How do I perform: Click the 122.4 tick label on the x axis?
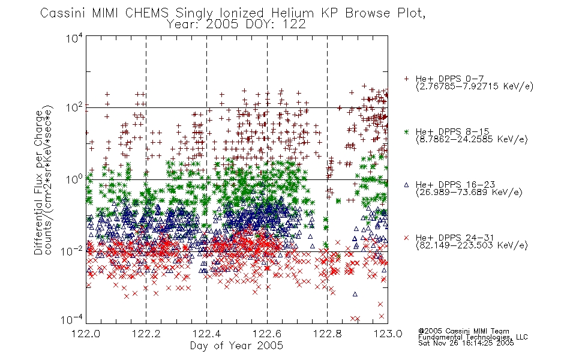(x=206, y=334)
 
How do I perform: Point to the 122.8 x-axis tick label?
(x=327, y=334)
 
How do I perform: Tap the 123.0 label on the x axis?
(x=388, y=334)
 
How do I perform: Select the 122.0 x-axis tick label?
(x=86, y=334)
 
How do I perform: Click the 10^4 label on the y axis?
(x=74, y=38)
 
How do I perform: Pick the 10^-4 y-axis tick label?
(x=71, y=319)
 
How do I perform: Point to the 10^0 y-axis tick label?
(x=74, y=179)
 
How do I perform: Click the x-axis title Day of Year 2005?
(x=236, y=346)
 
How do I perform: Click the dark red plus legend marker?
(x=406, y=79)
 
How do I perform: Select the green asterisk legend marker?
(x=406, y=131)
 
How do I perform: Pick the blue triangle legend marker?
(x=406, y=185)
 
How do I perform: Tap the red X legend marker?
(x=406, y=238)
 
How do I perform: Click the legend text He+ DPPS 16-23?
(x=455, y=185)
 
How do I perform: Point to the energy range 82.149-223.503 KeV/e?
(x=472, y=245)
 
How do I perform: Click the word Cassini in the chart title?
(x=62, y=13)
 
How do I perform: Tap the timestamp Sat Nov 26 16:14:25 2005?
(x=466, y=343)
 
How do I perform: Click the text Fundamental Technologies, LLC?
(x=473, y=337)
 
